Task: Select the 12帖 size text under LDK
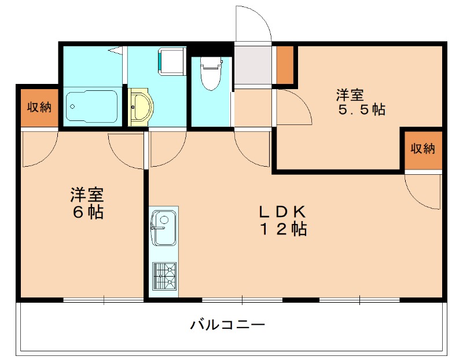click(x=282, y=230)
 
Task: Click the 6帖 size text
click(x=88, y=212)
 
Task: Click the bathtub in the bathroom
click(x=91, y=106)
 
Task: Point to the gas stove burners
click(x=164, y=276)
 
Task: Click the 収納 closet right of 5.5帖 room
click(x=422, y=149)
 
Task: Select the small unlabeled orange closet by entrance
click(x=285, y=64)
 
